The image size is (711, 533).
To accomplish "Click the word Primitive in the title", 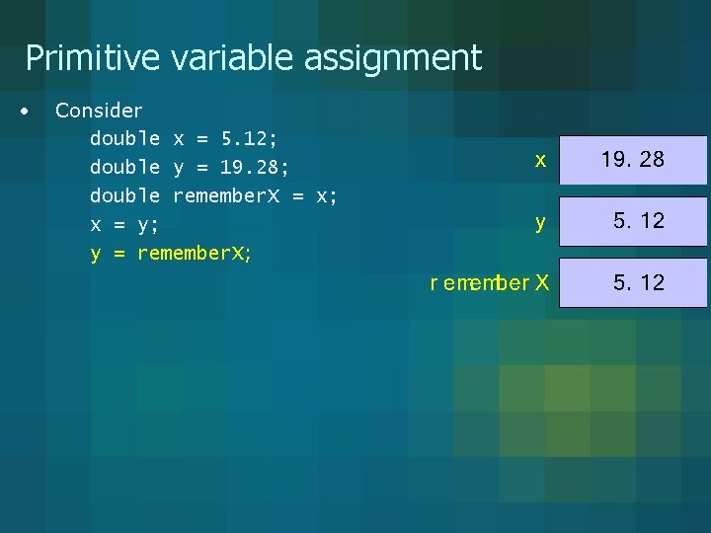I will tap(92, 58).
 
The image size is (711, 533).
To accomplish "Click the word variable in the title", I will tap(233, 58).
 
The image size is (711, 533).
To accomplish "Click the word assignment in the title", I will tap(392, 58).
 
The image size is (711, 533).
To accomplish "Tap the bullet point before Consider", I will tap(25, 110).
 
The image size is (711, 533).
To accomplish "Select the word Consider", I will tap(99, 111).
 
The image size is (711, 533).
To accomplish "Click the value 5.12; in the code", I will tap(249, 138).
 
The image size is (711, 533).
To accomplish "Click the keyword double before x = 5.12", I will tap(124, 138).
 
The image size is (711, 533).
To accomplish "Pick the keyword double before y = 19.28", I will tap(124, 167).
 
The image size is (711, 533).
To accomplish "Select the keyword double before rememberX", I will tap(124, 195).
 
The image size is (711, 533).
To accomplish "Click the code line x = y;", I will tap(124, 224).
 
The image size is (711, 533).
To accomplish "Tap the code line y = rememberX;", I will tap(171, 254).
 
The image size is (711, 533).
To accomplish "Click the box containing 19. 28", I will tap(633, 160).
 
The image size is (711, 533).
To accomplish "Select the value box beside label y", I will tap(633, 221).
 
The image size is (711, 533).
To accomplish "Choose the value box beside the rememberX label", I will tap(633, 283).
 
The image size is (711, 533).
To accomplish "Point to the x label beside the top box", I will tap(540, 160).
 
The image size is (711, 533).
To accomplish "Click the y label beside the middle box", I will tap(540, 223).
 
